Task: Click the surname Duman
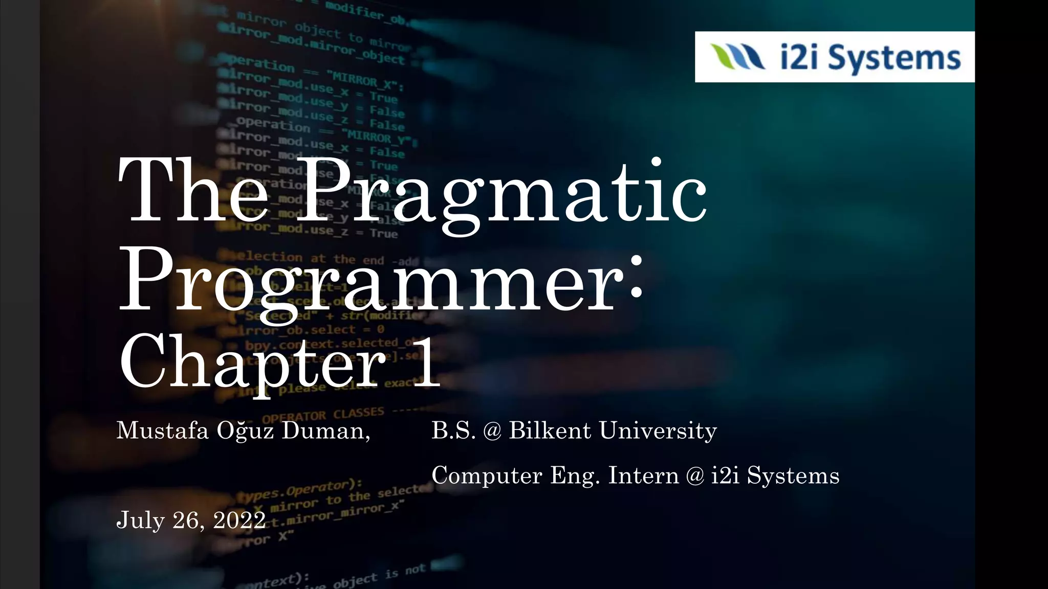click(x=325, y=431)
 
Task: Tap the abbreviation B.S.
click(x=453, y=431)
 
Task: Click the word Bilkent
click(x=550, y=431)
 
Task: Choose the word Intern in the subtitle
click(x=643, y=475)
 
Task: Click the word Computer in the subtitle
click(x=487, y=475)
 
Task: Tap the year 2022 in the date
click(x=239, y=520)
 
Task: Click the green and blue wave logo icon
click(x=737, y=56)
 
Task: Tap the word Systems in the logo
click(x=894, y=57)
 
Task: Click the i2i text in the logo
click(x=801, y=57)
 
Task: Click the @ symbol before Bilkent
click(x=492, y=431)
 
